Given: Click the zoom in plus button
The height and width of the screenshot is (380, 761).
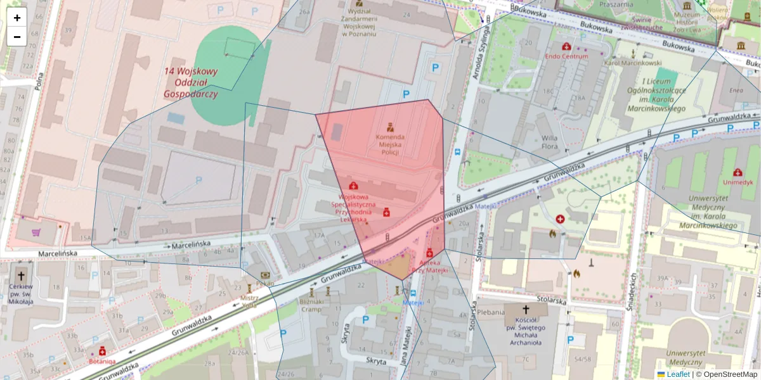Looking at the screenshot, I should tap(17, 18).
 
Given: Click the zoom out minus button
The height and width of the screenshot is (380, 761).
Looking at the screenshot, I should tap(17, 37).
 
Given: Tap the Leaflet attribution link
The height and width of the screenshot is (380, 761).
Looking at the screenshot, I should tap(677, 374).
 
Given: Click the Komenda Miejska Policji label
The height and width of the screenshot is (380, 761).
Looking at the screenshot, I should tap(390, 144).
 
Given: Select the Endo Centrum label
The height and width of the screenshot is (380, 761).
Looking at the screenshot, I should tap(566, 56).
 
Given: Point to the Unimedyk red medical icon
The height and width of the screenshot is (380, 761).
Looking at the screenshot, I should tap(738, 172).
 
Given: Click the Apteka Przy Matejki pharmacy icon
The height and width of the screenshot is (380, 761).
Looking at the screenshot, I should tap(429, 253).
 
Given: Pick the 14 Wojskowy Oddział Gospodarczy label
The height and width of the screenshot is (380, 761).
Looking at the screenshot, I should tap(190, 83).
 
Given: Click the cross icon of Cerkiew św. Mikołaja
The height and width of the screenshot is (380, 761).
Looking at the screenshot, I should tap(22, 276).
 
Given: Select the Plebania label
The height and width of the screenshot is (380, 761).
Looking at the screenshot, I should tap(491, 312).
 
